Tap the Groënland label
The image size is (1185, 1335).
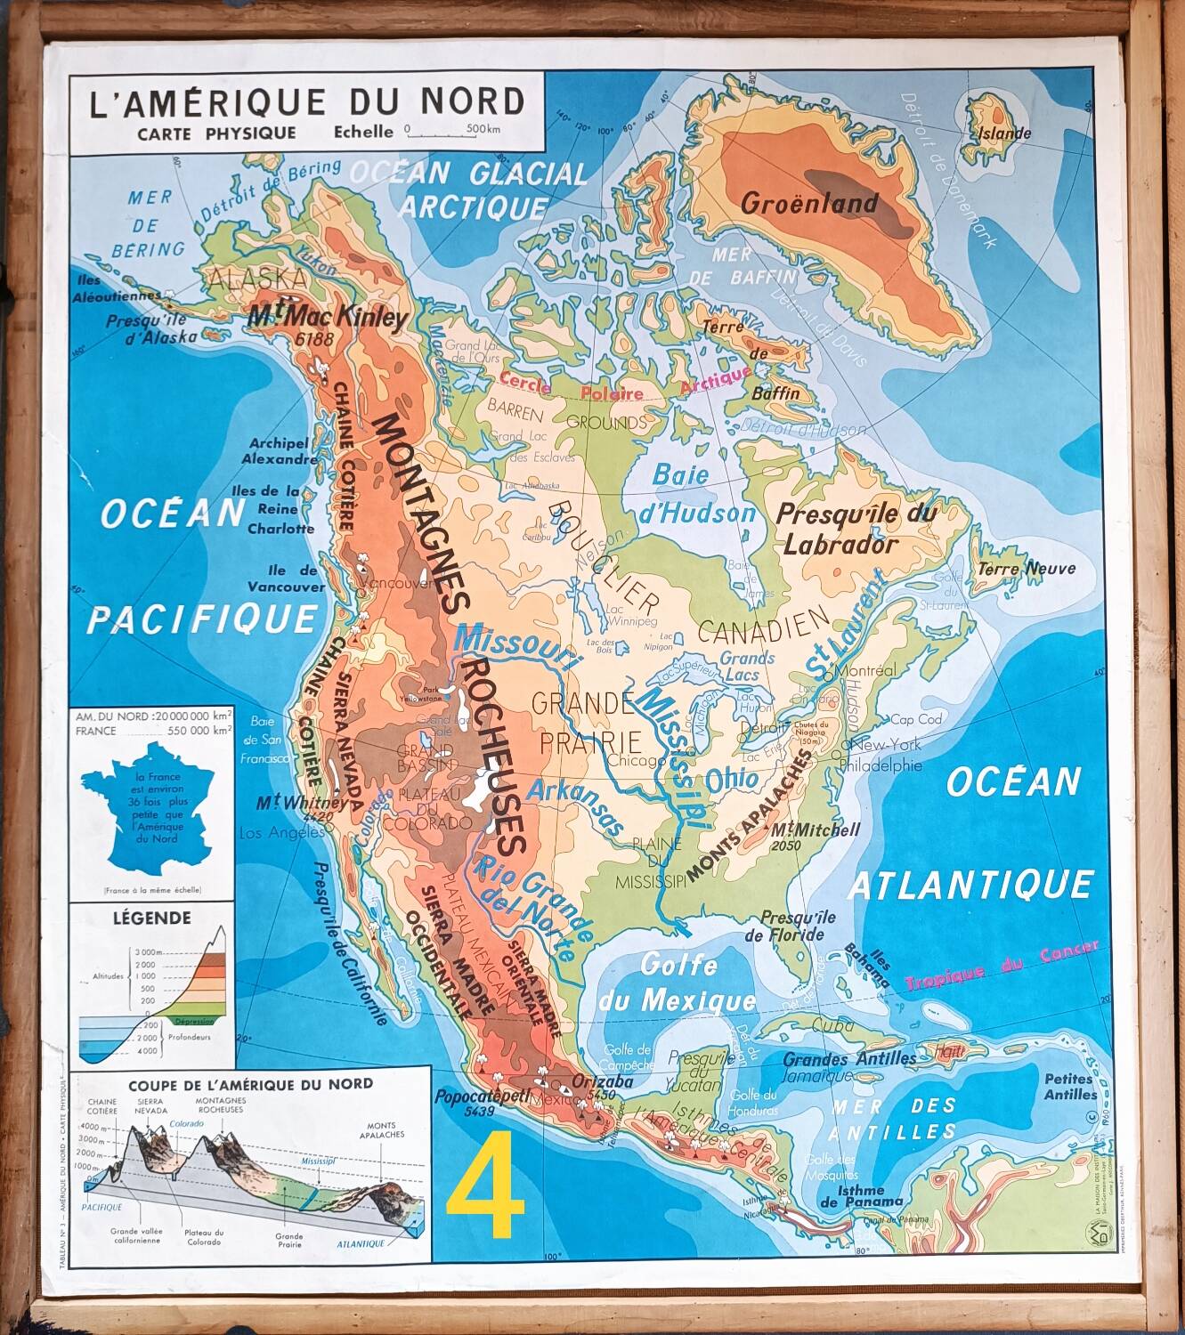(809, 203)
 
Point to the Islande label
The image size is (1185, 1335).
(1004, 133)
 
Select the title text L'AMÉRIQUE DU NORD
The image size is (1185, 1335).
(307, 101)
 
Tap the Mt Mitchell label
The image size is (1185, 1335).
(816, 829)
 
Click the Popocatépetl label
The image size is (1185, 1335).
(483, 1096)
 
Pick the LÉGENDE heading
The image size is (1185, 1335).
(151, 918)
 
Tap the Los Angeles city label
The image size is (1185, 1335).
(282, 833)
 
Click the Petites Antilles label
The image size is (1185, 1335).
(1069, 1087)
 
